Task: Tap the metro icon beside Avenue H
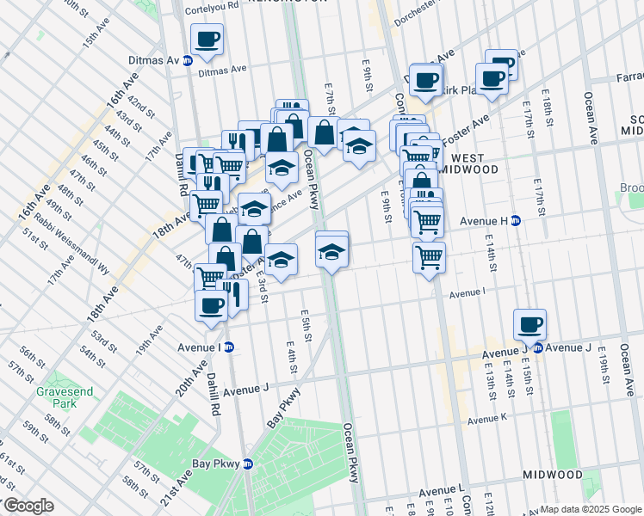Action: coord(516,220)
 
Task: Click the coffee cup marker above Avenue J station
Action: coord(530,325)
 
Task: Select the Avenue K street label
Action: coord(487,420)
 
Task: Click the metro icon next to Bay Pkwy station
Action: coord(248,464)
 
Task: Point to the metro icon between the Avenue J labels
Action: coord(537,347)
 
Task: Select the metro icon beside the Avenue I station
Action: coord(229,347)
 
